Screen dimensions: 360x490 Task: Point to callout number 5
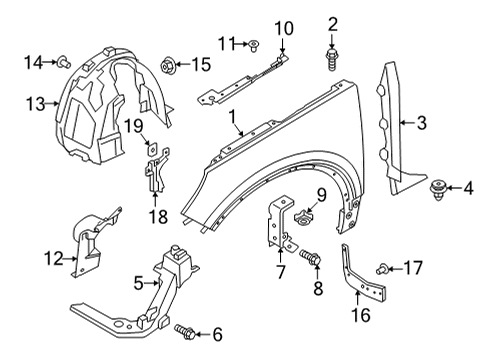click(x=137, y=283)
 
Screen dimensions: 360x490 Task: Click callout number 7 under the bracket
click(x=281, y=271)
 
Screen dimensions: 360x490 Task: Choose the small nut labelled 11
click(x=254, y=43)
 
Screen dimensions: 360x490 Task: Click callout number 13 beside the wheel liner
click(x=36, y=103)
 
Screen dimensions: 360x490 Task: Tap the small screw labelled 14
click(x=60, y=63)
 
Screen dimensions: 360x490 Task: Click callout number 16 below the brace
click(x=360, y=316)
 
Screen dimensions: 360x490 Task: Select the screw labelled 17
click(x=382, y=268)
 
